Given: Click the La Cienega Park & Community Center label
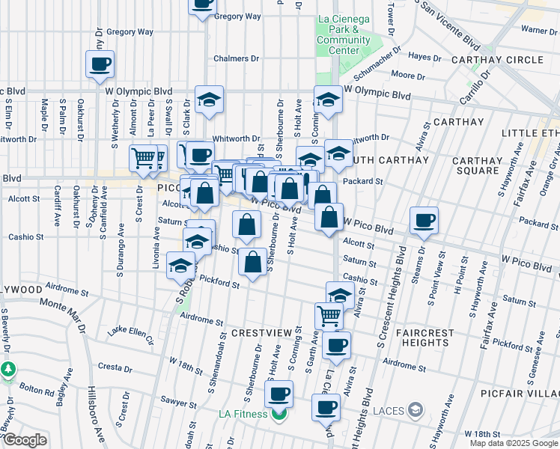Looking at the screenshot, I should click(x=344, y=34).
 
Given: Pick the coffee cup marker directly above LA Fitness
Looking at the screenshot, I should click(x=279, y=394).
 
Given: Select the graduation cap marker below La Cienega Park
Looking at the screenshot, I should click(x=328, y=100).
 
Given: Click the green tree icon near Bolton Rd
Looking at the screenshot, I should click(x=8, y=370).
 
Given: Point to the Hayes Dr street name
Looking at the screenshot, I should click(x=425, y=56).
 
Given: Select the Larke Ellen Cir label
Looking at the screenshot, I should click(x=130, y=334).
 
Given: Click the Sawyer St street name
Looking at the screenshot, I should click(x=183, y=402).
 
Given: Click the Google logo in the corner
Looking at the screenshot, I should click(x=25, y=440).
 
